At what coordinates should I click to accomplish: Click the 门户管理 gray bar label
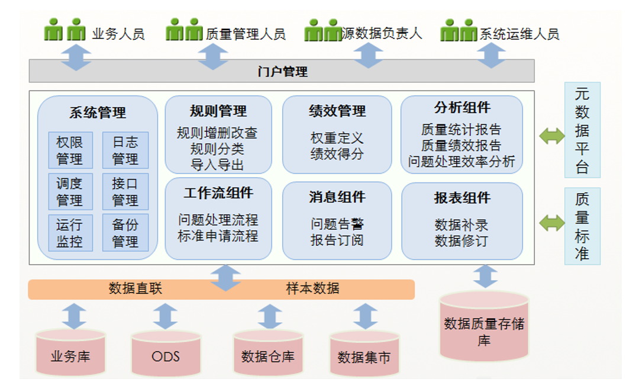[x=282, y=72]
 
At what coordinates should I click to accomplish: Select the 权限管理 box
[x=70, y=150]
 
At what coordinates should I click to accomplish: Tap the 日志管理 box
[x=125, y=150]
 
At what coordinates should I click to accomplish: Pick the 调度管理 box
[x=70, y=192]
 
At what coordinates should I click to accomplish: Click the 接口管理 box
[x=125, y=192]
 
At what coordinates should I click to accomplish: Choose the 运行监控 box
[x=70, y=233]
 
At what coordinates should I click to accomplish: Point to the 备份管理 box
[x=125, y=233]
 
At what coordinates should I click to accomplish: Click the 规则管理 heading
[x=218, y=111]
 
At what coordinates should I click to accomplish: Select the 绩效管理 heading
[x=337, y=111]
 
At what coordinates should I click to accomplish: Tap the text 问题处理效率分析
[x=461, y=162]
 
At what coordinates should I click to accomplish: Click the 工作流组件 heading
[x=218, y=193]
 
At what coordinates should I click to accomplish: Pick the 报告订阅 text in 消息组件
[x=337, y=240]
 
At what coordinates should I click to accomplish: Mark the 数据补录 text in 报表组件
[x=461, y=225]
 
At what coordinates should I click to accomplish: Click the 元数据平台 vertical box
[x=582, y=130]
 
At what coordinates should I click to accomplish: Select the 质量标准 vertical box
[x=582, y=226]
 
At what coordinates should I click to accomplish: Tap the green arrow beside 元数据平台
[x=552, y=136]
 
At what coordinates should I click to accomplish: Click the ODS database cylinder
[x=166, y=354]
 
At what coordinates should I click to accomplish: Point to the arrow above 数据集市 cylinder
[x=365, y=316]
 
